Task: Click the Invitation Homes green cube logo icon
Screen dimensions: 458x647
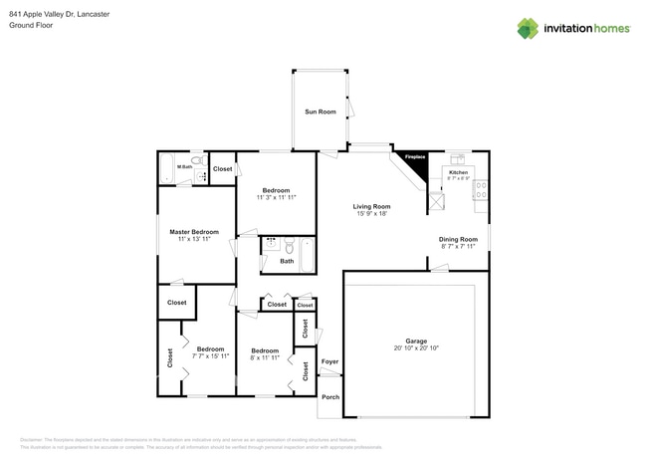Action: pyautogui.click(x=527, y=28)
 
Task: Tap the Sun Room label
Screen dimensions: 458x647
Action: pyautogui.click(x=319, y=113)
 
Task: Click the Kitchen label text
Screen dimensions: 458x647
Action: pyautogui.click(x=458, y=172)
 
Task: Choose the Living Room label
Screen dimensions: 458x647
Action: pyautogui.click(x=370, y=206)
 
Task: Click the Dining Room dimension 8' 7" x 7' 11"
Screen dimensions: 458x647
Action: pyautogui.click(x=459, y=246)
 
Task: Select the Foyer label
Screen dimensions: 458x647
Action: pyautogui.click(x=330, y=361)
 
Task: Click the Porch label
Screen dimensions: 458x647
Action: pyautogui.click(x=330, y=397)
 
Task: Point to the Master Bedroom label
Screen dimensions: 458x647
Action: pyautogui.click(x=193, y=232)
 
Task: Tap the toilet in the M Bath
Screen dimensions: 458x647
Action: pyautogui.click(x=197, y=160)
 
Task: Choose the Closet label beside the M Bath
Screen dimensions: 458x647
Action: pyautogui.click(x=223, y=169)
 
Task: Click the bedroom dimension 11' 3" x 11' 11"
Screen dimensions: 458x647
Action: pyautogui.click(x=276, y=198)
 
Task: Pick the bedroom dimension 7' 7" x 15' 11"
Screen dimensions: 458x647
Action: pyautogui.click(x=210, y=356)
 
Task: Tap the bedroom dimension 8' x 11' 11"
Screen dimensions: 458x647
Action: pyautogui.click(x=264, y=357)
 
